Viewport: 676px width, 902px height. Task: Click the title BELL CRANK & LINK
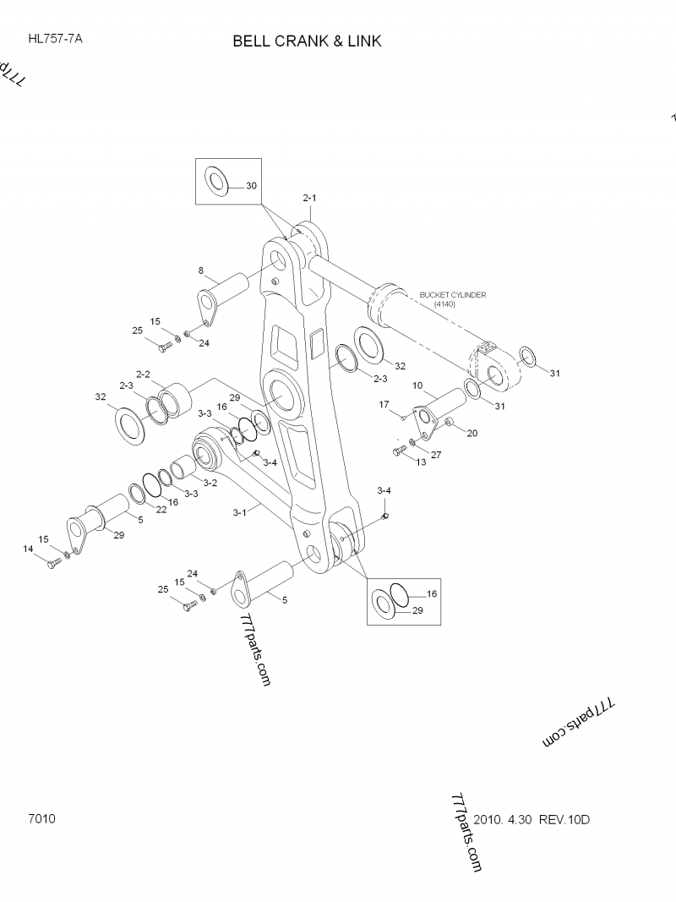pyautogui.click(x=308, y=41)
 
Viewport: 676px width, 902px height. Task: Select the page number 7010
pyautogui.click(x=42, y=819)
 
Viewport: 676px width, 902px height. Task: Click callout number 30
pyautogui.click(x=252, y=185)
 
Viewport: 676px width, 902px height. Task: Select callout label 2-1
pyautogui.click(x=309, y=198)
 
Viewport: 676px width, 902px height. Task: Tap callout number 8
pyautogui.click(x=201, y=271)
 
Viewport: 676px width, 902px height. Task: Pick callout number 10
pyautogui.click(x=417, y=385)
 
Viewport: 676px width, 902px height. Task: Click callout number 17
pyautogui.click(x=384, y=405)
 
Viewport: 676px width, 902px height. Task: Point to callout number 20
pyautogui.click(x=472, y=434)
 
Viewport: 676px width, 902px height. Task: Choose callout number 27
pyautogui.click(x=436, y=455)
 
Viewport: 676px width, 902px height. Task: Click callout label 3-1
pyautogui.click(x=239, y=511)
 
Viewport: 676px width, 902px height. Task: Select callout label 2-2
pyautogui.click(x=143, y=374)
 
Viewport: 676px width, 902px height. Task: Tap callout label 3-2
pyautogui.click(x=210, y=483)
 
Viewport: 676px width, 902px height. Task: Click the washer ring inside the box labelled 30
pyautogui.click(x=217, y=181)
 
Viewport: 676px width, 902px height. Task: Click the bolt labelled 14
pyautogui.click(x=52, y=563)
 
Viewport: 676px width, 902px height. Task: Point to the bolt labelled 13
pyautogui.click(x=396, y=452)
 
